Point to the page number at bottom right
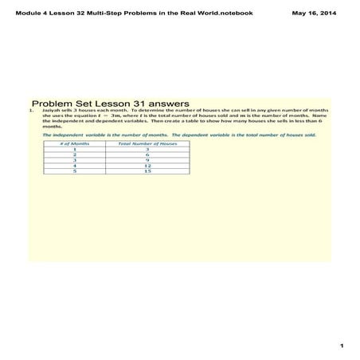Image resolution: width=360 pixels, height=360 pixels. click(341, 345)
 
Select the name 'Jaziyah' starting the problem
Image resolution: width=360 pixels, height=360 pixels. click(53, 111)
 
